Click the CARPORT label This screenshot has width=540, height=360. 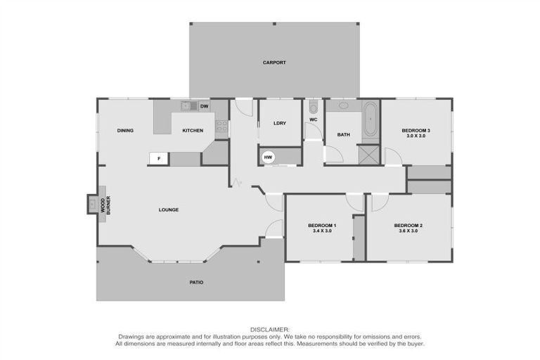coord(274,63)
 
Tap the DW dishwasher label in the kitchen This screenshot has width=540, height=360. coord(204,106)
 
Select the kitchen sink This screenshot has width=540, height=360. coord(188,106)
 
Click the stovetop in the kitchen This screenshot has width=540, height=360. coord(221,127)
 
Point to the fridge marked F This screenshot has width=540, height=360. coord(159,159)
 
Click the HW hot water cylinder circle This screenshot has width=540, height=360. coord(268,157)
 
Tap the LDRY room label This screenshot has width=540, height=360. coord(279,123)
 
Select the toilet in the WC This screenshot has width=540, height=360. coord(314,108)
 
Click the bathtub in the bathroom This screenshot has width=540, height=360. coord(370,120)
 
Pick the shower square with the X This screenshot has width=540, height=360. coord(368,154)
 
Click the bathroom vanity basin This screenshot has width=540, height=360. coord(344,106)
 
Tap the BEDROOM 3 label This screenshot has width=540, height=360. coord(416,130)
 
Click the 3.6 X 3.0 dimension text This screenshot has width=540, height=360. coord(409,231)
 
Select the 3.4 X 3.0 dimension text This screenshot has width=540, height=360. coord(321,231)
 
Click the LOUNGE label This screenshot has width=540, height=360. coord(168,210)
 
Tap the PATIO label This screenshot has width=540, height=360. coord(196,282)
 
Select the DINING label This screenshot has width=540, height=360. coord(125,130)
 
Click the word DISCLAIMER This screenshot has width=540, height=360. coord(270,329)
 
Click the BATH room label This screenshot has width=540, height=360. coord(343,134)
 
